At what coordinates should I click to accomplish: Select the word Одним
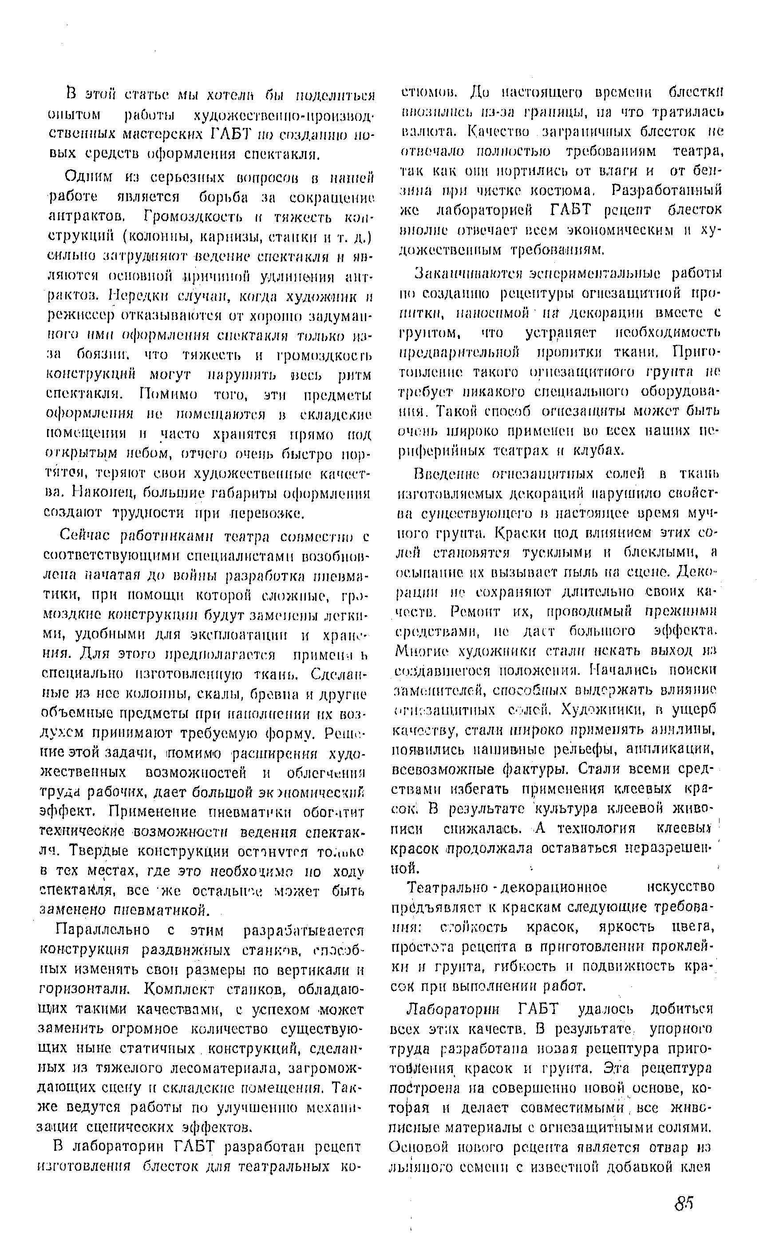[86, 177]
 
